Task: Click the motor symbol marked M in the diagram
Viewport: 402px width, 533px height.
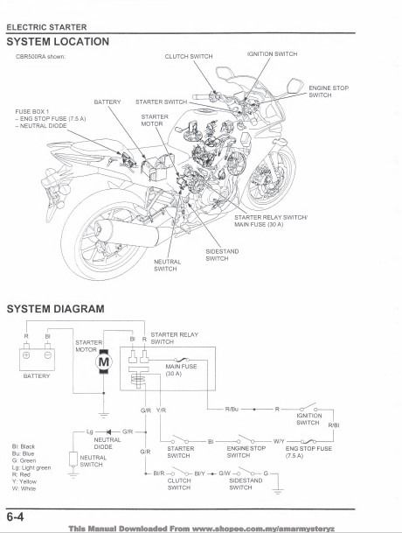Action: [x=104, y=363]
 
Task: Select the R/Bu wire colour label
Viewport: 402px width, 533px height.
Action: [x=232, y=409]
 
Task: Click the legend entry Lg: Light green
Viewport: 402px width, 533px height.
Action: [x=32, y=469]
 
